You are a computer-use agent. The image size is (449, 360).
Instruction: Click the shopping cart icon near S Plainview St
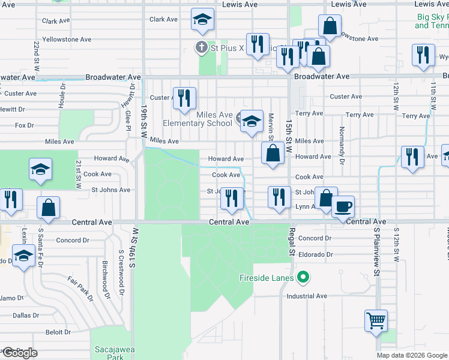tap(376, 320)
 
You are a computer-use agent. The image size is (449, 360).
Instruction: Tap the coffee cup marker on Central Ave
tap(343, 206)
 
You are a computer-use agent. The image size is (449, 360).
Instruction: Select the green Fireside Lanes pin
tap(304, 277)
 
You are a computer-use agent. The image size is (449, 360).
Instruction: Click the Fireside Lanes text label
tap(267, 278)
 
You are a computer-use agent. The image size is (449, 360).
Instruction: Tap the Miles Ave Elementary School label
tap(214, 119)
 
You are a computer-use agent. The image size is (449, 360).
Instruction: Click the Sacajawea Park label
tap(110, 351)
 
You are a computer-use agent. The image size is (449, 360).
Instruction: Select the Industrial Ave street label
tap(307, 296)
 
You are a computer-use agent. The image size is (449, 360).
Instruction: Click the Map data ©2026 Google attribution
tap(412, 355)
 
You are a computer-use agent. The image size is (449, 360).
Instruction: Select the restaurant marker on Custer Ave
tap(184, 97)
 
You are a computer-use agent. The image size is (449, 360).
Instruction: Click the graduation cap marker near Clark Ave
tap(203, 20)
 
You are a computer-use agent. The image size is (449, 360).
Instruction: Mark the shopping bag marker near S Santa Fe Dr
tap(49, 207)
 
